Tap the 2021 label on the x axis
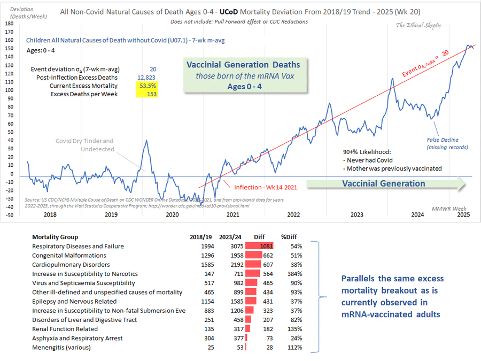pyautogui.click(x=232, y=214)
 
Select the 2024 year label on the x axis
pyautogui.click(x=417, y=214)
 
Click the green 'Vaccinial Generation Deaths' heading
pyautogui.click(x=243, y=65)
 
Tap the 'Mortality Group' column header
pyautogui.click(x=55, y=237)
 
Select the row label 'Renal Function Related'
pyautogui.click(x=65, y=329)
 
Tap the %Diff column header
pyautogui.click(x=291, y=237)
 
